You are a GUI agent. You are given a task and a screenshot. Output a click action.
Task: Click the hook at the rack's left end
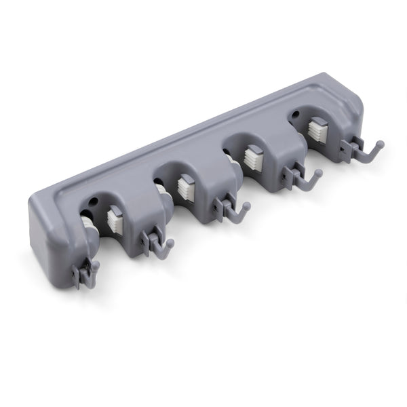tap(87, 273)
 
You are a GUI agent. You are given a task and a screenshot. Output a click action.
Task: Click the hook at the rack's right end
tap(366, 150)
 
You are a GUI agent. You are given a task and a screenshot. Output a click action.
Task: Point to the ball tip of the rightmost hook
tap(381, 144)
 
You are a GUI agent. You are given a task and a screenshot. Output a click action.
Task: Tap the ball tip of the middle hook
tap(247, 205)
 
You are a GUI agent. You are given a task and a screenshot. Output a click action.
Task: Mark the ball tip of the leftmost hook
tap(96, 265)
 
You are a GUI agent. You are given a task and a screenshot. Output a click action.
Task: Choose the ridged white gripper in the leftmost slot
tap(115, 217)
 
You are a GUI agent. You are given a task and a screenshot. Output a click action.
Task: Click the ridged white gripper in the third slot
tap(252, 157)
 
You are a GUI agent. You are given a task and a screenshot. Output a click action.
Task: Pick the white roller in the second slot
tap(162, 190)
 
